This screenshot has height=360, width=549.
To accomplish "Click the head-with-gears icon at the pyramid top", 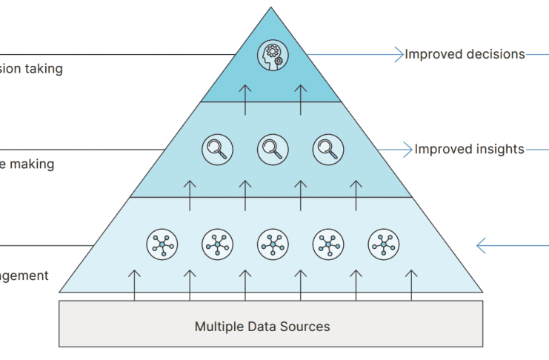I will (272, 56).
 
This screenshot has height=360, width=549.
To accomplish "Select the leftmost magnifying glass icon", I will (217, 149).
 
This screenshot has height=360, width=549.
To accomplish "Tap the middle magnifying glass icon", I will (273, 149).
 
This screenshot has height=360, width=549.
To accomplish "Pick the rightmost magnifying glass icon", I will (327, 149).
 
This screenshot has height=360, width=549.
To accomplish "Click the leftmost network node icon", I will (162, 243).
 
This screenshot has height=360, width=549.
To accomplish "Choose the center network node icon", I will (273, 243).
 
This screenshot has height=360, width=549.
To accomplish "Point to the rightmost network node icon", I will (383, 243).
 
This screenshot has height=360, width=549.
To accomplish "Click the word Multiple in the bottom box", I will (219, 326).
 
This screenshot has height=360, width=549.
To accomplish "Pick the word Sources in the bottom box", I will (305, 326).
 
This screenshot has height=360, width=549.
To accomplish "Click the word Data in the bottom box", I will (262, 326).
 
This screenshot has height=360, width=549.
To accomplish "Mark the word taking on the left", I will (44, 69).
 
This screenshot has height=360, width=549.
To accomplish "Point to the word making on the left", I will (33, 164).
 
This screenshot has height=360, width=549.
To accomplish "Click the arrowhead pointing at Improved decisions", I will (399, 54).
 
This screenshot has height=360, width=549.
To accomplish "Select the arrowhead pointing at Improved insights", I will (409, 149).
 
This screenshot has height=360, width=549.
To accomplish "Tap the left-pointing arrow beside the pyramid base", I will (482, 244).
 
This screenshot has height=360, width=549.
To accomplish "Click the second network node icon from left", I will (217, 243).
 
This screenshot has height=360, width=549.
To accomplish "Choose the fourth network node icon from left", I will (327, 243).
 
